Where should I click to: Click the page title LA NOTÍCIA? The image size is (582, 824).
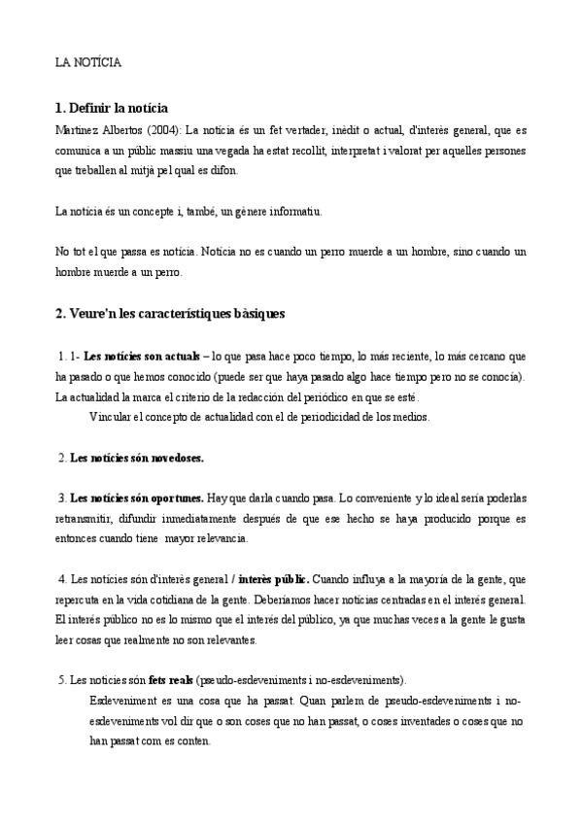87,61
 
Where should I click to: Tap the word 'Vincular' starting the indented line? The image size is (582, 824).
109,418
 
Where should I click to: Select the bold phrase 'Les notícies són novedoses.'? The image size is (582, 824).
137,457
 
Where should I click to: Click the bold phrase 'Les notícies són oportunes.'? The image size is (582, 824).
137,498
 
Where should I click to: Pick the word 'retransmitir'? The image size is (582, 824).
85,518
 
